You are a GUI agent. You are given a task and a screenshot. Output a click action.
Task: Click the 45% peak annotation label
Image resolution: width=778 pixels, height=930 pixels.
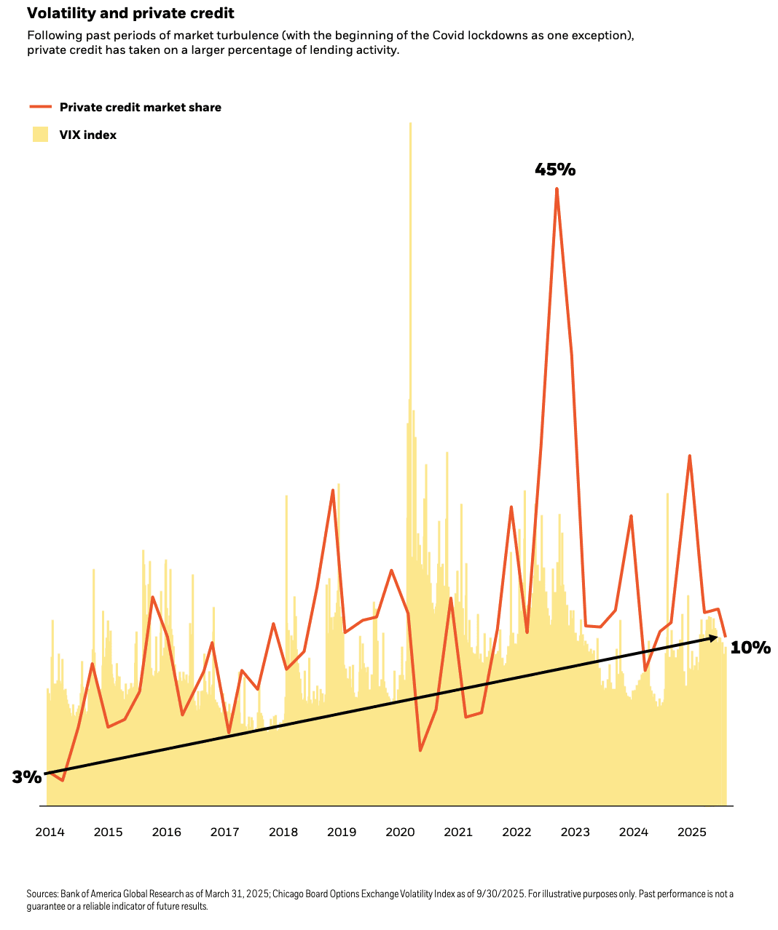555,170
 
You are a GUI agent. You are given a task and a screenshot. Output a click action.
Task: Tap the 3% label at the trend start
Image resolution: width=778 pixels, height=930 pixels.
26,777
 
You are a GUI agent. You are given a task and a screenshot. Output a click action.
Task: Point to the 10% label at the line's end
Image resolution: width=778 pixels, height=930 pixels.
750,648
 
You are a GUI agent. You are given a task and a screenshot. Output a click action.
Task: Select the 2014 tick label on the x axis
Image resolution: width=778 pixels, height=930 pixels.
50,832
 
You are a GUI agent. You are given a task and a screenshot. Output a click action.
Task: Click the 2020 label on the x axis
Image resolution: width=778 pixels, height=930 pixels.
400,832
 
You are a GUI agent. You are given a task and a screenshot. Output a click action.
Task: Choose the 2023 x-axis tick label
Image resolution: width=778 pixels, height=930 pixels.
575,832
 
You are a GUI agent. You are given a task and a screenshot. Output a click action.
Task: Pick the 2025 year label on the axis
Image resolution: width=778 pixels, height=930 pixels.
692,832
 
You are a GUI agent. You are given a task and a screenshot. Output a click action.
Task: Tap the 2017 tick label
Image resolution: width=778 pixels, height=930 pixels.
224,832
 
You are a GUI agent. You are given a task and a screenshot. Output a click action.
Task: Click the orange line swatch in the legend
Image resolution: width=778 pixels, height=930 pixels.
41,107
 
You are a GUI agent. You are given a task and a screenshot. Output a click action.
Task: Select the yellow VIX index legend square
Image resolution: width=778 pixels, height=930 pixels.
41,135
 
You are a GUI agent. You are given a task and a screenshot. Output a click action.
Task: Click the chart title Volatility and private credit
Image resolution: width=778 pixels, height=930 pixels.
130,14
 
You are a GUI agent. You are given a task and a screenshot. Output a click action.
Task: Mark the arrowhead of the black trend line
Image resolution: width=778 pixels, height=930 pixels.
715,637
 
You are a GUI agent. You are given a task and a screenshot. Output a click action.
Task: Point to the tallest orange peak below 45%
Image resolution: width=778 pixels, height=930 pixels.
557,191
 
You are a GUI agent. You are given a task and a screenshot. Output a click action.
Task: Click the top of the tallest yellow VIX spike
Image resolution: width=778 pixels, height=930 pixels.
410,124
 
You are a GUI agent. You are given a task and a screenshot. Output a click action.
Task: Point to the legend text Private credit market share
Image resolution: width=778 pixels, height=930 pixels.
141,107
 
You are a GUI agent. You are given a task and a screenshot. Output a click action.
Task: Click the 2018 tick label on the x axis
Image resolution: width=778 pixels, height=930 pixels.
283,832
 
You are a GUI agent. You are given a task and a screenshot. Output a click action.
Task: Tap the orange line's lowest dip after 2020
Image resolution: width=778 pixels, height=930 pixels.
420,750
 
